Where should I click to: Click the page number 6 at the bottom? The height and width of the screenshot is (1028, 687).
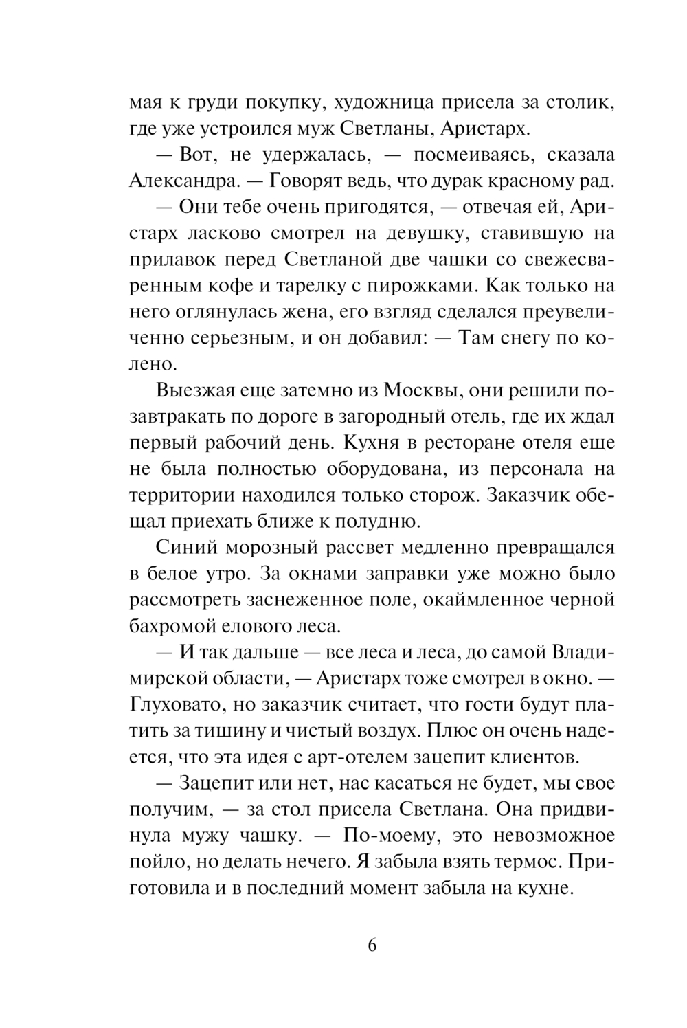point(372,945)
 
